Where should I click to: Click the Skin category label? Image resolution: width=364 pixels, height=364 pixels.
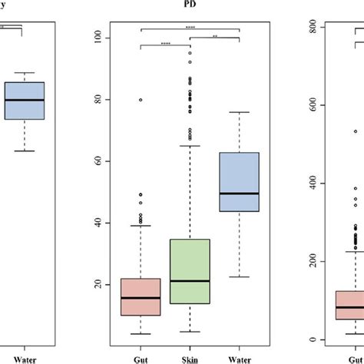click(190, 359)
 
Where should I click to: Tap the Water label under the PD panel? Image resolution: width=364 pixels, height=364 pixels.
click(239, 359)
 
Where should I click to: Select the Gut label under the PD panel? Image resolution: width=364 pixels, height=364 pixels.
click(141, 359)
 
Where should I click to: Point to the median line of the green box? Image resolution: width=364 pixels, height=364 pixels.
click(190, 302)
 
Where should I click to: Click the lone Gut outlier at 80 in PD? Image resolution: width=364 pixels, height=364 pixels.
click(141, 100)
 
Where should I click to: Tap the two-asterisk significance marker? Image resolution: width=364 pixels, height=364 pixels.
click(215, 35)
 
